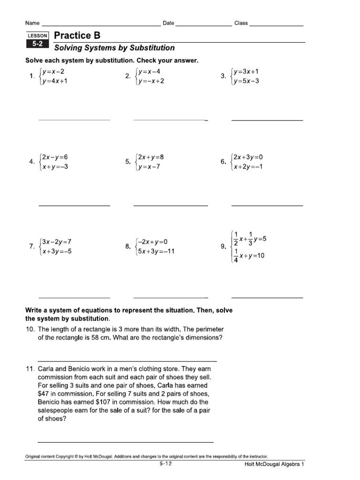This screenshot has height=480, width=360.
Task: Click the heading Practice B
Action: (x=77, y=36)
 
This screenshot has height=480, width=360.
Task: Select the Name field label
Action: (x=32, y=23)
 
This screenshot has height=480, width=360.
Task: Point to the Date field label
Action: (x=168, y=23)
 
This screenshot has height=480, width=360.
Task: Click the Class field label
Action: (x=241, y=23)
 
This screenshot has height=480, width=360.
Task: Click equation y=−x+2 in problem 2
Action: (x=150, y=81)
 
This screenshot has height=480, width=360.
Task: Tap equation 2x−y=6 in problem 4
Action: (x=57, y=157)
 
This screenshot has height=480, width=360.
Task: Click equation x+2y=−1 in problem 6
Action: (x=248, y=167)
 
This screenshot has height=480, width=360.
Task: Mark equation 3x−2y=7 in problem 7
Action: (x=56, y=242)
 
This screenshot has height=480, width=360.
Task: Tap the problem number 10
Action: (x=30, y=329)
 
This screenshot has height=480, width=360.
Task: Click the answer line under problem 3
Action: (x=267, y=120)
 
